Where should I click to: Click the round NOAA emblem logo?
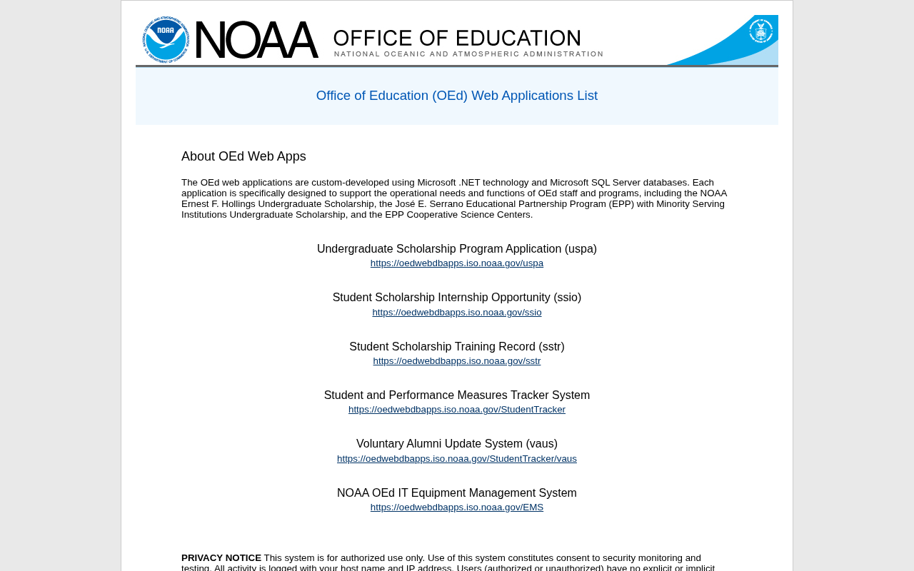166,39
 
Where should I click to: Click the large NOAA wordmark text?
256,40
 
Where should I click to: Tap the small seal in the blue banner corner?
760,31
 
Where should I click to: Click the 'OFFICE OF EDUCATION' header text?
457,38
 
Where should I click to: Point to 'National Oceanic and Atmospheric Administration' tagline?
468,54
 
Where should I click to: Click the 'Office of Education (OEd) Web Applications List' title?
457,96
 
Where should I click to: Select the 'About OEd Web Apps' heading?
243,156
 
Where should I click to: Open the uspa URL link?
457,263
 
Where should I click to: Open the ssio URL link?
457,313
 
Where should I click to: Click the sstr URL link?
457,361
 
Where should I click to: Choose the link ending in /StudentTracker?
457,410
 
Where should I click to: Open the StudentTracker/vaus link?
457,459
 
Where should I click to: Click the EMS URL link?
457,507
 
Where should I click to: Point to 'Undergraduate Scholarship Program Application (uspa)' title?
457,249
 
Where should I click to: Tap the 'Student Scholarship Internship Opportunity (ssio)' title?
457,298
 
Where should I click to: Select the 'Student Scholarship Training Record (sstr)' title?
457,347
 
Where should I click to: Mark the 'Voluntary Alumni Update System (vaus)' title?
457,444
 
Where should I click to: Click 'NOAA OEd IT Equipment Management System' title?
457,493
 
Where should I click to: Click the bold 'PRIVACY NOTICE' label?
221,558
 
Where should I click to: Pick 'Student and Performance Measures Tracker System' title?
457,395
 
